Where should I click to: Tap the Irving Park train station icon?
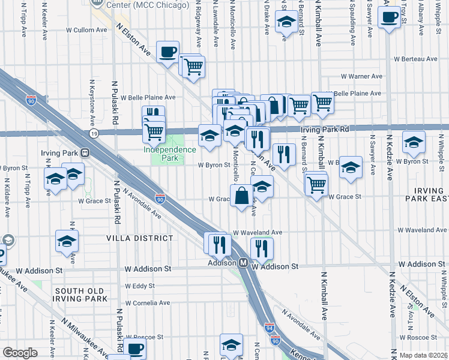pos(86,152)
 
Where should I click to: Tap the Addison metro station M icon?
pos(244,263)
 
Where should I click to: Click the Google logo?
pos(20,353)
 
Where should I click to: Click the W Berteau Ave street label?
pos(415,59)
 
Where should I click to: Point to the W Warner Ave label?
pos(361,76)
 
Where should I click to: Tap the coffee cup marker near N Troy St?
pos(389,18)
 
